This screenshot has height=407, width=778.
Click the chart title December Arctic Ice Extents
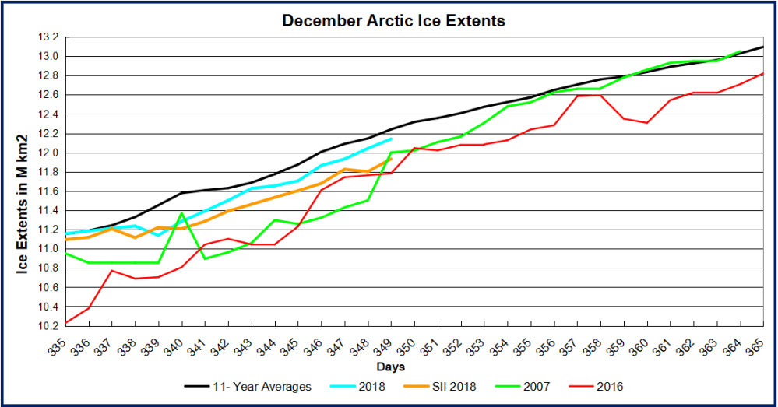point(393,21)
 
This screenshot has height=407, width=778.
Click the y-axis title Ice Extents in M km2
point(23,181)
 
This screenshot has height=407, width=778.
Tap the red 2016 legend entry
point(608,385)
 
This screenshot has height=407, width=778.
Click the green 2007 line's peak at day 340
point(182,212)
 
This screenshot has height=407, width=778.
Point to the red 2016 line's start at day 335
point(66,322)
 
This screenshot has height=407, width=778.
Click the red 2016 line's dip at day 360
point(647,122)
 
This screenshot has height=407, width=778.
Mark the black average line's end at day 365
point(762,47)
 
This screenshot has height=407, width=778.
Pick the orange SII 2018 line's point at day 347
point(344,169)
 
